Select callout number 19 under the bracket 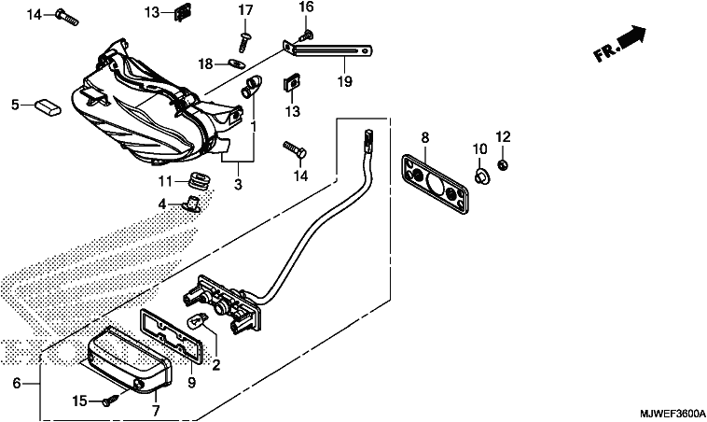click(x=345, y=81)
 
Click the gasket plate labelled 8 click(x=435, y=184)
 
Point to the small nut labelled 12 click(x=503, y=165)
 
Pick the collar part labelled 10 click(x=482, y=176)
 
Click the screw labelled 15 click(x=110, y=400)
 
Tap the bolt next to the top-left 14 click(x=67, y=17)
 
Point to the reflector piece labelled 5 click(x=49, y=108)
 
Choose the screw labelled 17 click(x=244, y=42)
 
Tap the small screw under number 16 click(x=307, y=35)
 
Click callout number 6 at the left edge click(x=17, y=384)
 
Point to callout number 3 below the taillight click(x=238, y=184)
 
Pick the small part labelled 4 click(x=193, y=204)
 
